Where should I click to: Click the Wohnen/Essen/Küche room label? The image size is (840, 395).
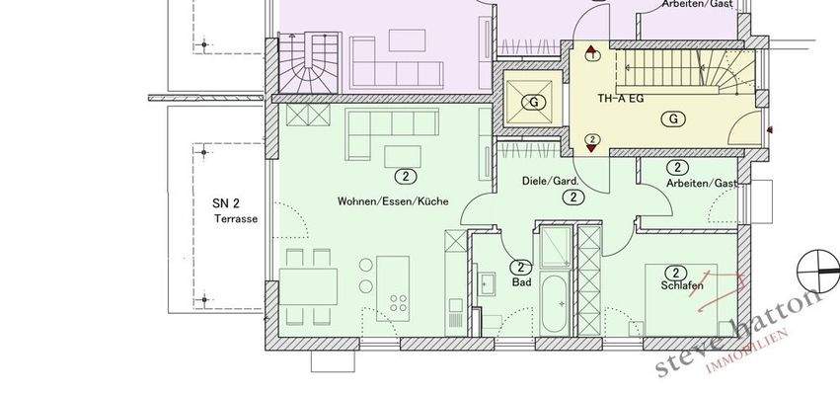[x=393, y=200]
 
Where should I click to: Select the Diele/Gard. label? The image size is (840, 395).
[x=550, y=181]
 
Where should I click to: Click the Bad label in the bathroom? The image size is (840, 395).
[x=521, y=281]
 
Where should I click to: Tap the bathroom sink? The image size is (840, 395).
[x=488, y=284]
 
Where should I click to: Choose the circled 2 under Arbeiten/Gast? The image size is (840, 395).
[x=677, y=168]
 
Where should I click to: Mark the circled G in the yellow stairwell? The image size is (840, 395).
[x=675, y=119]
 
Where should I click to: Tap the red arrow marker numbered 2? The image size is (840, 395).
[x=592, y=141]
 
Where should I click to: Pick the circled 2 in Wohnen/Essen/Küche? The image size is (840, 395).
[x=404, y=177]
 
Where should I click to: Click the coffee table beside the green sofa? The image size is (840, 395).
[x=400, y=158]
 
